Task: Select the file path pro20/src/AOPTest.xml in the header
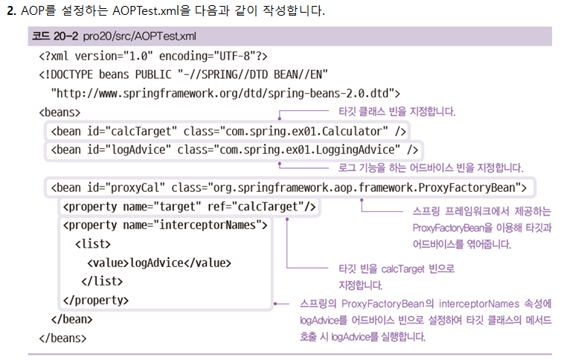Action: (140, 36)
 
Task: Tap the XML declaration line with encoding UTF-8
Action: (153, 56)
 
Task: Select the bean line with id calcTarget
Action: (229, 132)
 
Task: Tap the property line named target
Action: (190, 206)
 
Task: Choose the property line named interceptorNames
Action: (165, 225)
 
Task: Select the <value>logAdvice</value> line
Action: (159, 263)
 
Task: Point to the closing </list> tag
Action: (100, 282)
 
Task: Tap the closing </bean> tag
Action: (71, 319)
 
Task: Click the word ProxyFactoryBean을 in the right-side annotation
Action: (453, 227)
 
